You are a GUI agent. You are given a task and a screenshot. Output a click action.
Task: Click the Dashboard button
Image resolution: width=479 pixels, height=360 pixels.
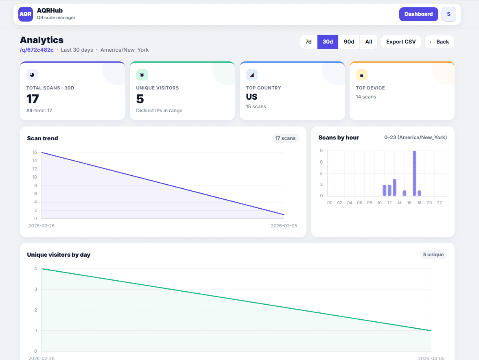pyautogui.click(x=418, y=14)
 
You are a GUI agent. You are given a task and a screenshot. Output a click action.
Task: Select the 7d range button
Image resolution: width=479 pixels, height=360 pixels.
pyautogui.click(x=308, y=42)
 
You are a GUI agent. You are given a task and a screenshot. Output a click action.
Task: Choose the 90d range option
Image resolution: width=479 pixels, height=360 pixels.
pyautogui.click(x=349, y=42)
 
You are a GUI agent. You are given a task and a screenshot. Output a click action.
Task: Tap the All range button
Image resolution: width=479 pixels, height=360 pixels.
pyautogui.click(x=368, y=42)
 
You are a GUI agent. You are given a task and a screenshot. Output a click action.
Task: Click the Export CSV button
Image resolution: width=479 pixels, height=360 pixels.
pyautogui.click(x=401, y=42)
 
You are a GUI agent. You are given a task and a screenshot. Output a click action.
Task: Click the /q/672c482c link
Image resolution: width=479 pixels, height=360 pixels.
pyautogui.click(x=37, y=50)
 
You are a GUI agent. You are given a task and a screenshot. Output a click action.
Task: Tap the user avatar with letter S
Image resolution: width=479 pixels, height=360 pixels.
pyautogui.click(x=448, y=14)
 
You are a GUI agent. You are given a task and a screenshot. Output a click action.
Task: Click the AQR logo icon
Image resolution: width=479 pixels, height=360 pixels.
pyautogui.click(x=26, y=14)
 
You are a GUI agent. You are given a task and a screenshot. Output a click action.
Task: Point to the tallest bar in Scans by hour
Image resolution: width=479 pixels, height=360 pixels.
pyautogui.click(x=414, y=173)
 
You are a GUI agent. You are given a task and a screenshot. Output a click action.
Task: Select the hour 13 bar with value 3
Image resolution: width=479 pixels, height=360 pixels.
pyautogui.click(x=394, y=188)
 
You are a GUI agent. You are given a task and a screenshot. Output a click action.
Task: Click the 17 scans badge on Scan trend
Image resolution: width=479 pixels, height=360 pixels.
pyautogui.click(x=285, y=138)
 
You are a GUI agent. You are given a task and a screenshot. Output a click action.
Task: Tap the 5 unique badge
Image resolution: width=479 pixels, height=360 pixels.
pyautogui.click(x=433, y=255)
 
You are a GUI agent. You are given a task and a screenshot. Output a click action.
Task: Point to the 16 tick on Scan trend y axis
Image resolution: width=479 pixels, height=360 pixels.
pyautogui.click(x=35, y=152)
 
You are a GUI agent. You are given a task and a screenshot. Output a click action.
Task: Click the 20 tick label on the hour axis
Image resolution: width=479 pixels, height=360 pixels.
pyautogui.click(x=429, y=203)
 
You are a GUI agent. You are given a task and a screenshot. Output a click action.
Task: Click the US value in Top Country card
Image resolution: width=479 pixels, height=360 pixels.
pyautogui.click(x=252, y=97)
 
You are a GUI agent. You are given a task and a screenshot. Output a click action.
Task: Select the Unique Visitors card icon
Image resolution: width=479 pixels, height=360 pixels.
pyautogui.click(x=142, y=75)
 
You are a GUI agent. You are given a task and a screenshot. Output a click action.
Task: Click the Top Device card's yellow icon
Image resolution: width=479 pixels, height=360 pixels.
pyautogui.click(x=361, y=75)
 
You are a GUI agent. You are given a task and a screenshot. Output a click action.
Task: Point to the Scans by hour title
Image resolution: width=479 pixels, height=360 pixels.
pyautogui.click(x=339, y=137)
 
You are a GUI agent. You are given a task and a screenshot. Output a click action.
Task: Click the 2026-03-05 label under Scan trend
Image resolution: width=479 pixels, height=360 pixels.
pyautogui.click(x=284, y=225)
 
